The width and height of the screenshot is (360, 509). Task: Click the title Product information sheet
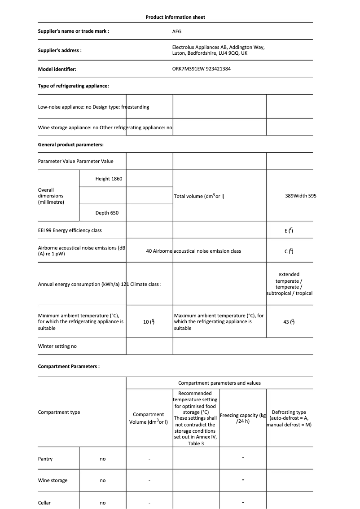[x=175, y=17]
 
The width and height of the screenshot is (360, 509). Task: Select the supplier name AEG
[x=177, y=31]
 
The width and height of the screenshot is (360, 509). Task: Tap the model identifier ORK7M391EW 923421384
[x=202, y=69]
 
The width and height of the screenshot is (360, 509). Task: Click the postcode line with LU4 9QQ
[x=210, y=53]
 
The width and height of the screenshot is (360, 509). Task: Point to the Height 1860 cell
[x=109, y=179]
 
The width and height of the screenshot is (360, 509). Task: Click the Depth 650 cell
[x=107, y=213]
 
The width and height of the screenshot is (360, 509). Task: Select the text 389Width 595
[x=300, y=196]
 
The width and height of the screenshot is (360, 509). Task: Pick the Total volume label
[x=199, y=197]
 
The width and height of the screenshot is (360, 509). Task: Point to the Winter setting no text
[x=57, y=347]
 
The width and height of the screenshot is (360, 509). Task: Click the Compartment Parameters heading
[x=69, y=366]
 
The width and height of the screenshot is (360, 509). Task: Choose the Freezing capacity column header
[x=243, y=418]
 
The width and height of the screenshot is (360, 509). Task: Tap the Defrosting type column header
[x=289, y=418]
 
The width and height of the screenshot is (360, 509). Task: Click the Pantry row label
[x=45, y=459]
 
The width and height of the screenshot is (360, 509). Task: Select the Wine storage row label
[x=53, y=480]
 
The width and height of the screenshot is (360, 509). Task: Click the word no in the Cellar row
[x=103, y=503]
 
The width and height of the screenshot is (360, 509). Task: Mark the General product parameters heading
[x=71, y=145]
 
